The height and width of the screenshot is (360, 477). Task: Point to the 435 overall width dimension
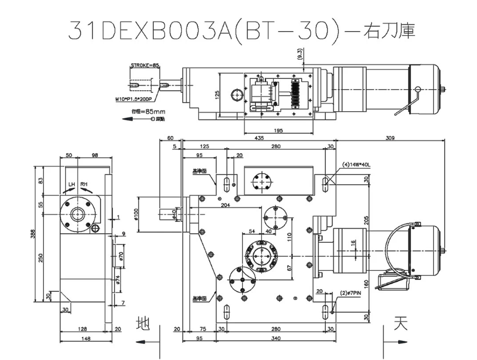tap(259, 138)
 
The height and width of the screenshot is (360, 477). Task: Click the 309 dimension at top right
tap(390, 138)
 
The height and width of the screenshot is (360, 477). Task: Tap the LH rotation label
tap(72, 184)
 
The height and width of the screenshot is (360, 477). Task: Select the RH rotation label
tap(84, 184)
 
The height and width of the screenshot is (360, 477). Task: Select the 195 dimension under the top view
tap(278, 130)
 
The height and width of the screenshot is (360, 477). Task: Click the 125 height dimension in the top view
tap(218, 93)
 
